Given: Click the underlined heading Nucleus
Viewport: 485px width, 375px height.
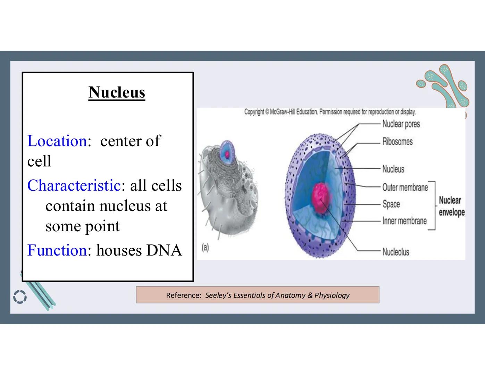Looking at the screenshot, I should pyautogui.click(x=117, y=92).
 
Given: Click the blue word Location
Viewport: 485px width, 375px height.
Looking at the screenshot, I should pyautogui.click(x=57, y=141).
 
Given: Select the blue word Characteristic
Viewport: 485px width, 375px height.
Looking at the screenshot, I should pyautogui.click(x=74, y=185).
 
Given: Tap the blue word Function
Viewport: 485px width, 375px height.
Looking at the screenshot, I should pyautogui.click(x=57, y=250).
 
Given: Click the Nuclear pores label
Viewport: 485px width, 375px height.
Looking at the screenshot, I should pyautogui.click(x=401, y=124).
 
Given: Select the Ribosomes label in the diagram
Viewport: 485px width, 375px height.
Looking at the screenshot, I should pyautogui.click(x=397, y=142).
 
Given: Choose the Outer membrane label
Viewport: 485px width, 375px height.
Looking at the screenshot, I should pyautogui.click(x=405, y=187).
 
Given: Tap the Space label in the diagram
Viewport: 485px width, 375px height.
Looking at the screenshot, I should pyautogui.click(x=391, y=204).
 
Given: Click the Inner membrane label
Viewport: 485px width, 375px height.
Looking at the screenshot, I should pyautogui.click(x=404, y=221).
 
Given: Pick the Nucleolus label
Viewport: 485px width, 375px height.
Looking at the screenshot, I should pyautogui.click(x=395, y=252).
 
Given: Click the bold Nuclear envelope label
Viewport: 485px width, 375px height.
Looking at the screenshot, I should pyautogui.click(x=451, y=206).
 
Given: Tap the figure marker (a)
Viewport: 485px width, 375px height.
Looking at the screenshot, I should pyautogui.click(x=205, y=248).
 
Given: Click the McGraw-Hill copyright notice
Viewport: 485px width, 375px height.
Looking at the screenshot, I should pyautogui.click(x=330, y=112).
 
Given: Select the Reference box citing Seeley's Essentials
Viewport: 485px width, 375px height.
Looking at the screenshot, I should pyautogui.click(x=257, y=295).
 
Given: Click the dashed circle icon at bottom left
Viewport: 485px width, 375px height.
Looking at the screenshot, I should pyautogui.click(x=20, y=297).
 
